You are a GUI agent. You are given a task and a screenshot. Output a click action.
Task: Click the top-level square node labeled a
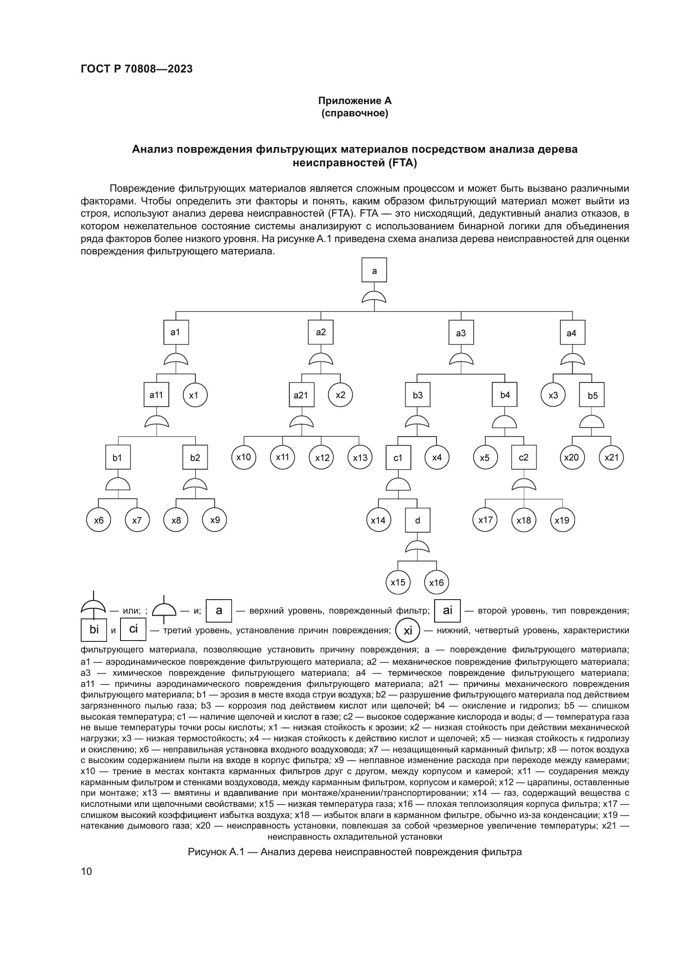[374, 270]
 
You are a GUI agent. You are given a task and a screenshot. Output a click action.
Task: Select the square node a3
[461, 333]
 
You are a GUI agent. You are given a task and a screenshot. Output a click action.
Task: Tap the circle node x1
[195, 395]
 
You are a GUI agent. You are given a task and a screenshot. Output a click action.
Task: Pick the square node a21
[301, 395]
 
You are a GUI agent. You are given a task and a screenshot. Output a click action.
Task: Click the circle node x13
[360, 457]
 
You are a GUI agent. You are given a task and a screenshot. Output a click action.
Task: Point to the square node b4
[505, 395]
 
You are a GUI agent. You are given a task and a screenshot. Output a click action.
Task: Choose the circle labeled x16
[437, 582]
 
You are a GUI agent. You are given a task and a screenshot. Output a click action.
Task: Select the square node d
[417, 520]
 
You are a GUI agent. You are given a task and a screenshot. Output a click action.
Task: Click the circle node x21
[611, 457]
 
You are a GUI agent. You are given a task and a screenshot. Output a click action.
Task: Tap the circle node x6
[98, 520]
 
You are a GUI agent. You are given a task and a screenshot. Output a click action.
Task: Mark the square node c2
[523, 457]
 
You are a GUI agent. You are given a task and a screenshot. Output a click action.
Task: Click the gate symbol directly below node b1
[118, 484]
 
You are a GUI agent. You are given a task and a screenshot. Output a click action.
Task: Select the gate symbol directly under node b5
[592, 421]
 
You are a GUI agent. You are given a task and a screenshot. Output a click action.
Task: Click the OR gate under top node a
[374, 297]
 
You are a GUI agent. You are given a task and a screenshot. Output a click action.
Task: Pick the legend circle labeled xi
[407, 630]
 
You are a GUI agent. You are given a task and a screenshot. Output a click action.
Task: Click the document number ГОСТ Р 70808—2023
[137, 69]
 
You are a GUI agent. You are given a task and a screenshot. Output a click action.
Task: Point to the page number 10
[86, 871]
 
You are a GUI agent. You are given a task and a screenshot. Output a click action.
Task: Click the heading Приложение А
[355, 101]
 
